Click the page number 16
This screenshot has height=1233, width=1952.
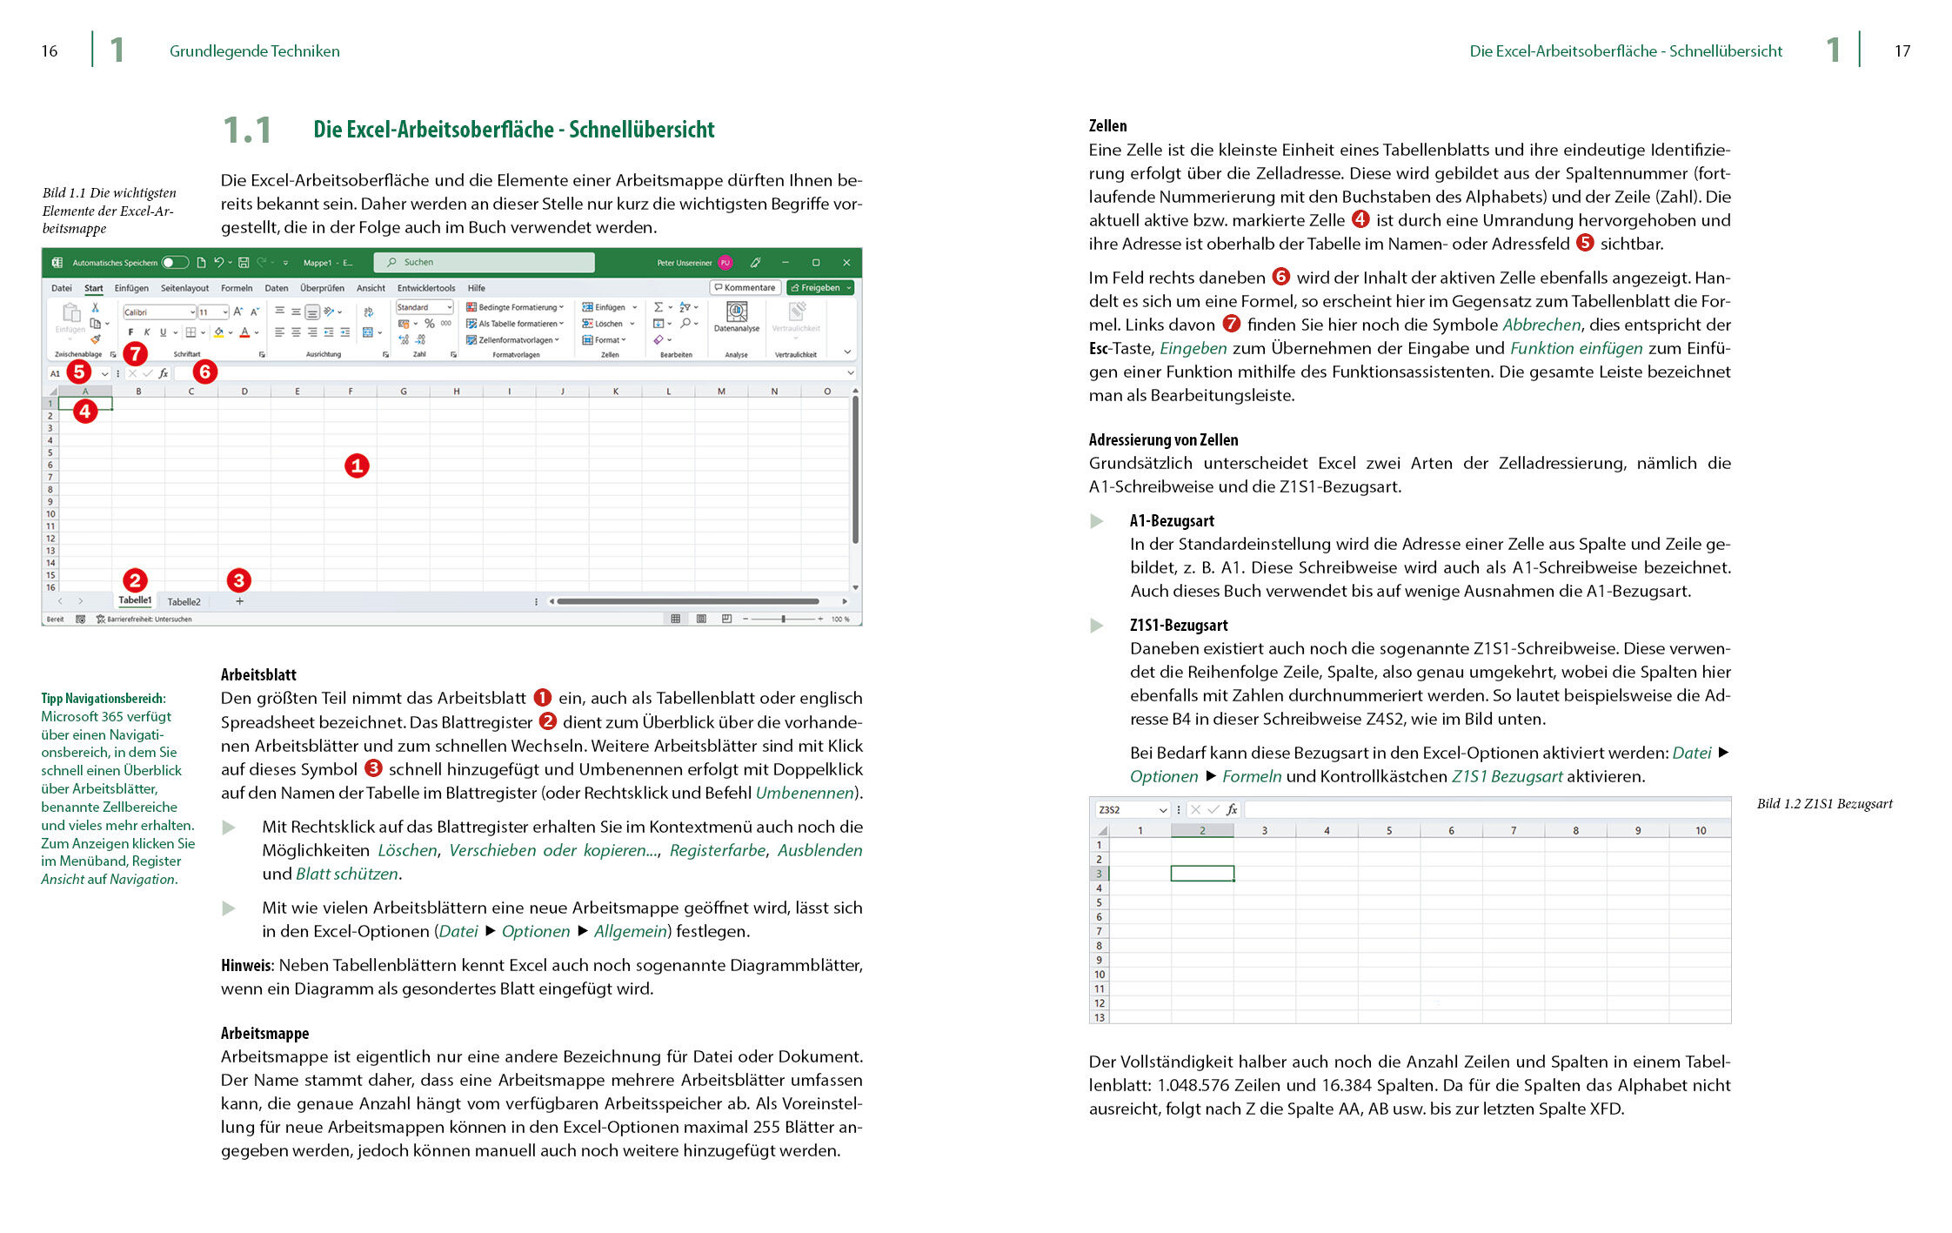coord(50,51)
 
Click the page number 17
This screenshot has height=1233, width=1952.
coord(1902,51)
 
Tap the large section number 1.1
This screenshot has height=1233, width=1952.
coord(247,131)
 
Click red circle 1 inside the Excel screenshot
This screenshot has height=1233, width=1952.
coord(357,466)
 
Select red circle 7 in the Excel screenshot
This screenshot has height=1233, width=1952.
coord(135,353)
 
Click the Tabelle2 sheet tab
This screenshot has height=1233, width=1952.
coord(184,601)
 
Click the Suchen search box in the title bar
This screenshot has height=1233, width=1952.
coord(484,262)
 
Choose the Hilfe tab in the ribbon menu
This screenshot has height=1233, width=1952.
coord(476,288)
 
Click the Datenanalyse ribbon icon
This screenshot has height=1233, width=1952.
coord(736,316)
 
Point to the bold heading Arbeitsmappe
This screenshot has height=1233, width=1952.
coord(264,1033)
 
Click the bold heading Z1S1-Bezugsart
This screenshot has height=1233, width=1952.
coord(1179,625)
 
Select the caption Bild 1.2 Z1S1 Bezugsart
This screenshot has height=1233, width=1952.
coord(1824,803)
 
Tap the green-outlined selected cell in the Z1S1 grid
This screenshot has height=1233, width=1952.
coord(1201,873)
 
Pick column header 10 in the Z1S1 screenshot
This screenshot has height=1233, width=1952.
coord(1700,830)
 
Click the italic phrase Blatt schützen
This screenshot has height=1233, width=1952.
coord(347,874)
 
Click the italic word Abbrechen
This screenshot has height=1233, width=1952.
coord(1541,325)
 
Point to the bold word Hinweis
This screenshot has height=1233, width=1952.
coord(246,965)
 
